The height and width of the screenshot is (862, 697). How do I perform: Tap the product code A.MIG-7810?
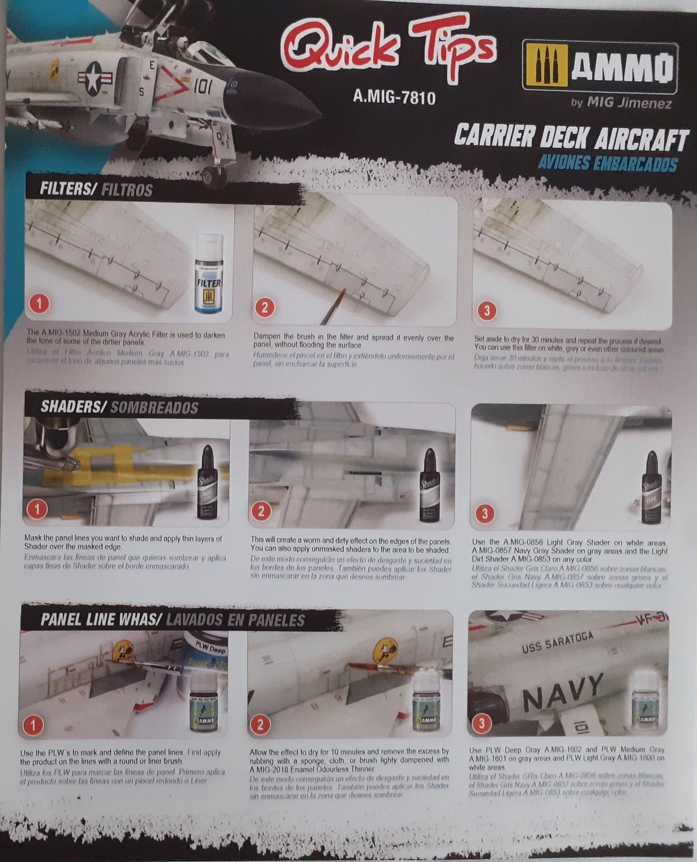(x=394, y=97)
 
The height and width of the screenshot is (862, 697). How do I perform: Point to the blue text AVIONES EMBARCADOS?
(x=607, y=164)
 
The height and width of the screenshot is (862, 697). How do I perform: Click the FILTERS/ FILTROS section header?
(x=96, y=190)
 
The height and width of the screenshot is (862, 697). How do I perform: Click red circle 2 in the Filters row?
(x=264, y=307)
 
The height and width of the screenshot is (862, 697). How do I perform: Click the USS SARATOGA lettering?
(x=557, y=643)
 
